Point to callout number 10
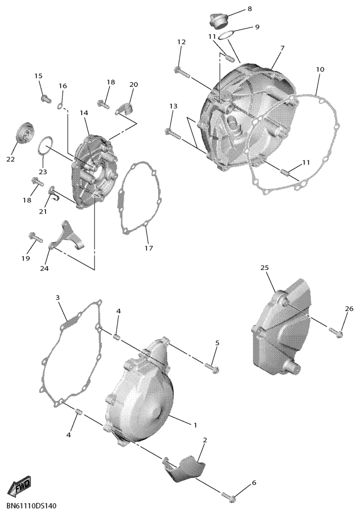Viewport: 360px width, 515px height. click(x=320, y=69)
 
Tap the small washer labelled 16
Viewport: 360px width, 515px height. click(x=60, y=106)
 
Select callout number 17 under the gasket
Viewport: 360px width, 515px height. click(x=149, y=248)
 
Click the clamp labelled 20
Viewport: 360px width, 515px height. click(x=125, y=109)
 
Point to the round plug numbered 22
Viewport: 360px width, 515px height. click(x=26, y=133)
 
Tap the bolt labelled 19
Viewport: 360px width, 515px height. click(x=35, y=237)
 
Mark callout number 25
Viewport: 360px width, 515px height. click(x=265, y=268)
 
